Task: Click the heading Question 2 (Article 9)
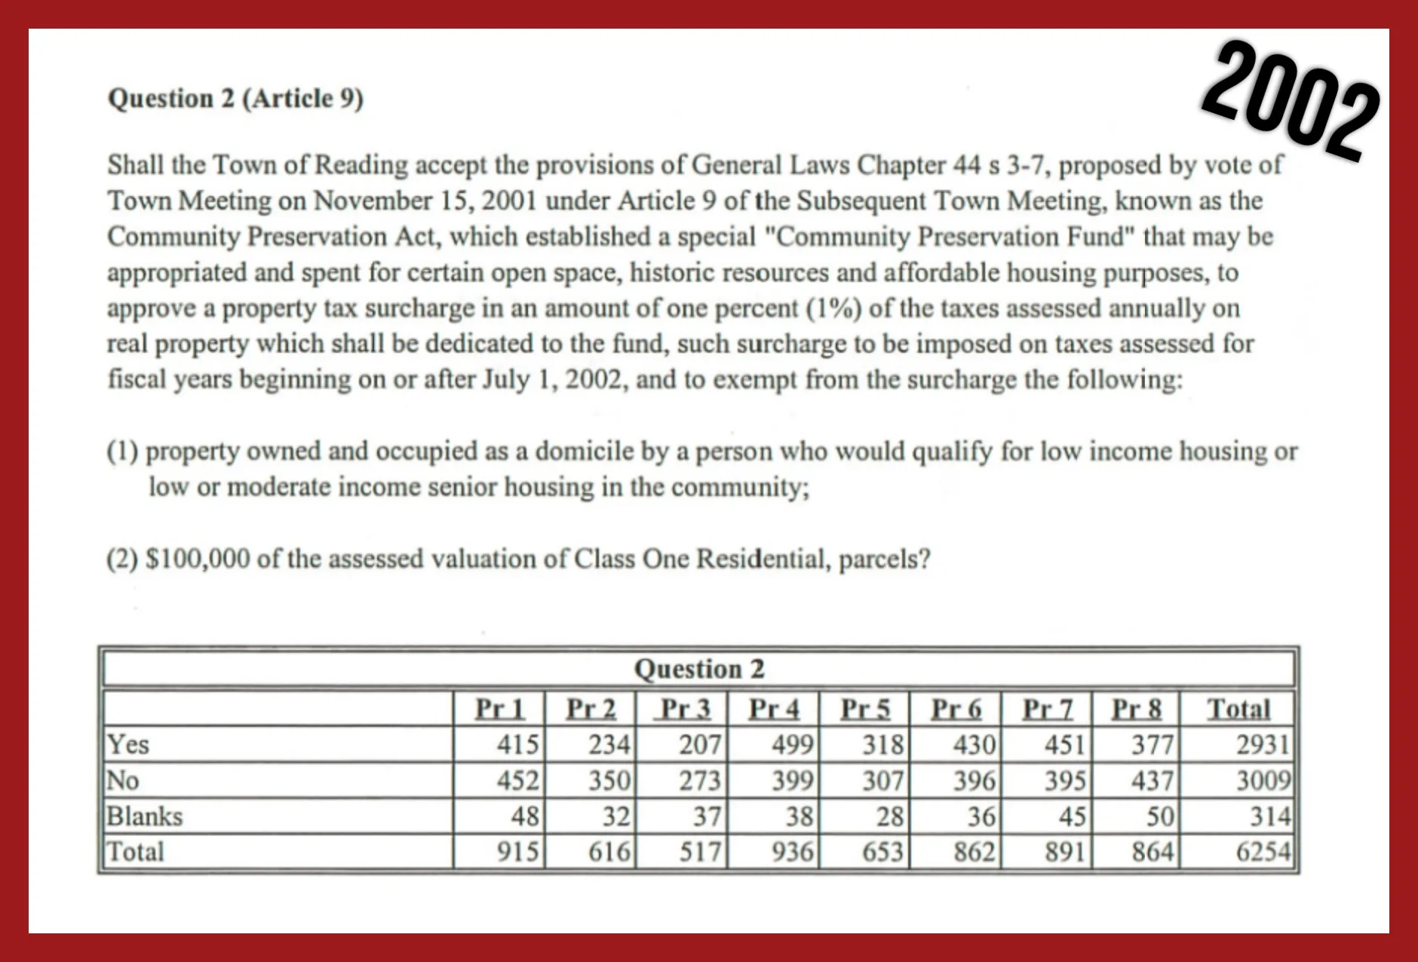pos(235,99)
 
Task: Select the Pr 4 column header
pos(773,709)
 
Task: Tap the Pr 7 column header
pos(1047,709)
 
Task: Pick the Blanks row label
pos(144,816)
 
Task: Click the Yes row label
pos(128,744)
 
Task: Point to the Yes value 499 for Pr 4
pos(792,745)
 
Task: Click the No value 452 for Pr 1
pos(517,780)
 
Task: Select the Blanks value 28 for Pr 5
pos(889,816)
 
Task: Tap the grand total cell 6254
pos(1263,852)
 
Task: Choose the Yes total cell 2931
pos(1263,745)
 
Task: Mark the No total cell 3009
pos(1263,780)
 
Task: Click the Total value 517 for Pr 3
pos(700,852)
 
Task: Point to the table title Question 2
pos(699,669)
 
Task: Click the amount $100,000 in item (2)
pos(197,559)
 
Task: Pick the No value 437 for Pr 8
pos(1152,780)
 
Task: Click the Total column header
pos(1238,709)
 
